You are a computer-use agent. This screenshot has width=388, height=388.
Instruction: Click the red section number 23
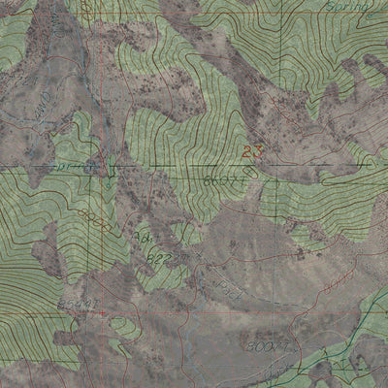(x=254, y=151)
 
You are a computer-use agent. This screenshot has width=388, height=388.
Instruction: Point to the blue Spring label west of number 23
(x=74, y=166)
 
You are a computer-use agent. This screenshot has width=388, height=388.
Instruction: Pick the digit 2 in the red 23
(x=249, y=151)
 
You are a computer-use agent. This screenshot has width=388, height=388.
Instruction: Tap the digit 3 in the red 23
(x=259, y=151)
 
